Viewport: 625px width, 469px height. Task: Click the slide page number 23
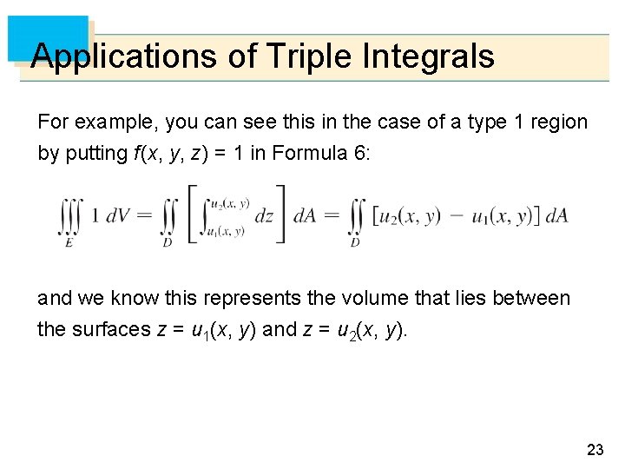point(595,449)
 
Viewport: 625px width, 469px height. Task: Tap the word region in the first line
point(559,122)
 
